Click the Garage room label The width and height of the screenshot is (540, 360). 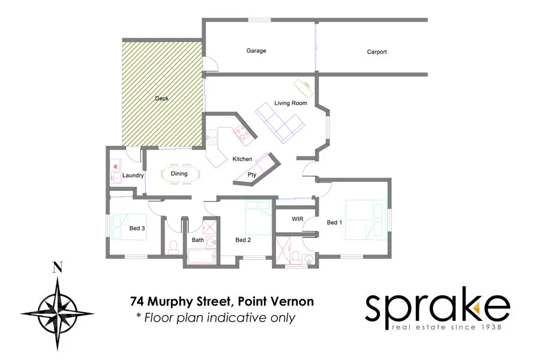[x=256, y=51]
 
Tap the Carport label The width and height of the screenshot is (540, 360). [x=377, y=52]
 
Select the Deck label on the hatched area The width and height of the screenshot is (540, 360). [x=161, y=98]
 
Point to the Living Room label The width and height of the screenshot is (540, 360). [x=290, y=103]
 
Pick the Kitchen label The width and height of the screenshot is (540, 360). [x=242, y=159]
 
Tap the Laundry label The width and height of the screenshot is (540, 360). [x=133, y=176]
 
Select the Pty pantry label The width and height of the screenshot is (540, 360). [x=253, y=175]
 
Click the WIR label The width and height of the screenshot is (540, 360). [x=298, y=219]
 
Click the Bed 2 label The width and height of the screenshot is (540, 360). [x=243, y=240]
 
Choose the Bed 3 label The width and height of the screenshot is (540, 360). [x=137, y=228]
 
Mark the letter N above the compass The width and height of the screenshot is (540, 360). [x=58, y=268]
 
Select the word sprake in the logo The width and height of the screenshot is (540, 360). [x=437, y=308]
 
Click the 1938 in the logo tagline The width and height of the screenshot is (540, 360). [x=489, y=327]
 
